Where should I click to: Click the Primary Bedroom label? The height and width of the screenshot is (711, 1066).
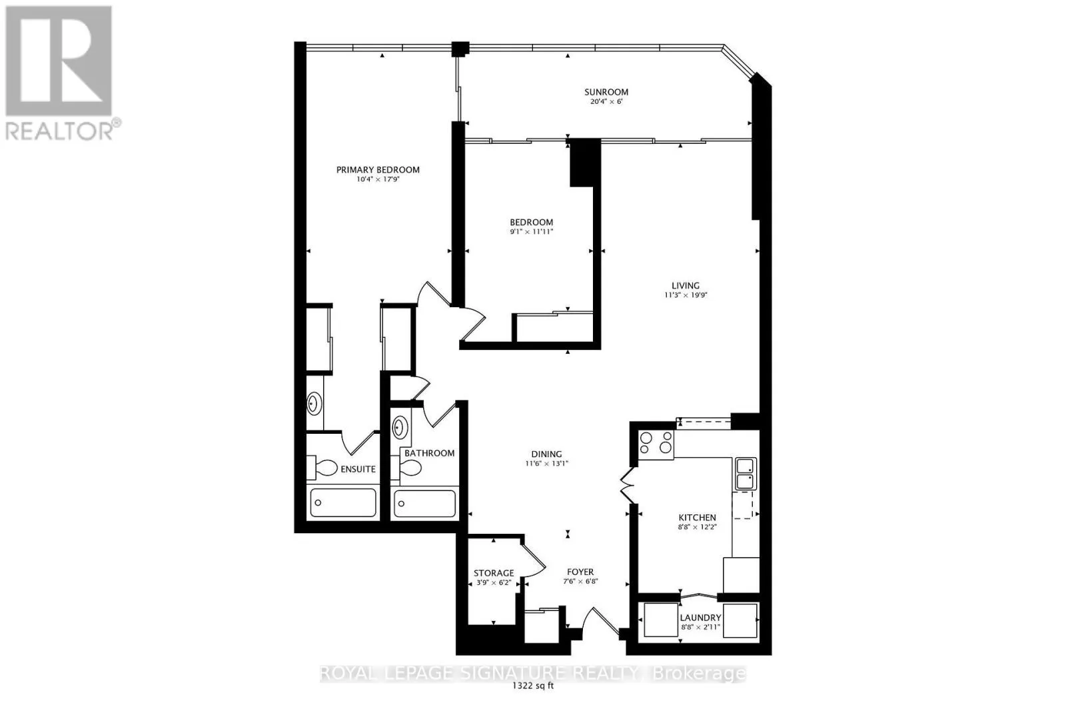(378, 170)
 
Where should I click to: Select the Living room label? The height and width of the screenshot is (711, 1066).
(686, 286)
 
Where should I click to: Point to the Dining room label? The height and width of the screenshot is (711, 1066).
(547, 454)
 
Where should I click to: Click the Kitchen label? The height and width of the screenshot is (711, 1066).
(697, 517)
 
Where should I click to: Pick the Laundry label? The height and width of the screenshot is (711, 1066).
(700, 618)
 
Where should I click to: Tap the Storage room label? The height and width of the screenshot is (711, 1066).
(494, 573)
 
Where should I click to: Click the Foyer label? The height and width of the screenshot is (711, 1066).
(580, 572)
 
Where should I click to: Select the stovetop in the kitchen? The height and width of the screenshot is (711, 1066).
(656, 444)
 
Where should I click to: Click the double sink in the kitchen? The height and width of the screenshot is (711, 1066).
(746, 474)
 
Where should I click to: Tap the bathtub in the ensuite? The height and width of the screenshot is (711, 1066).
(343, 502)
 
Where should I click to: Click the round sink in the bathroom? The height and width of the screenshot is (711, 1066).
(400, 427)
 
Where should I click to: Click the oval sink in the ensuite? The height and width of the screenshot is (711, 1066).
(314, 404)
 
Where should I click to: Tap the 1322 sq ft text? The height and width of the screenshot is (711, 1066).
(533, 686)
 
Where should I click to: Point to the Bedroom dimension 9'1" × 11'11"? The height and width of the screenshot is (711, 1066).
(532, 232)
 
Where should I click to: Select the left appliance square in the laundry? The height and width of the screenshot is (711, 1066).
(661, 620)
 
